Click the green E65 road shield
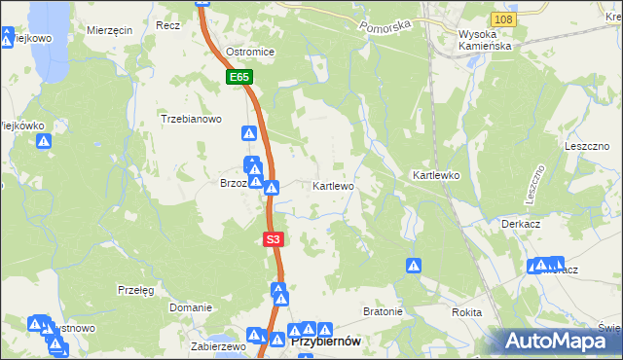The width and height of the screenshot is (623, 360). point(240,76)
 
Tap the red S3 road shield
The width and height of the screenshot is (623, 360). point(274,238)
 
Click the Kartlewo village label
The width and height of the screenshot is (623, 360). point(333,185)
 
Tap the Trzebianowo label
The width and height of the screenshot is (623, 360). point(192,120)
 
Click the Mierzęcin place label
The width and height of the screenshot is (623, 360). point(109,30)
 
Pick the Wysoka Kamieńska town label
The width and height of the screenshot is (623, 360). point(484,40)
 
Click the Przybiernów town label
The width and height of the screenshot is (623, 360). point(326,341)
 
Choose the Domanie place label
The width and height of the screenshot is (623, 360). point(191,307)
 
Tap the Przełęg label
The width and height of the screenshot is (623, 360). point(135,290)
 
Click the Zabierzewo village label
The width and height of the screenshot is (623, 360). point(217,345)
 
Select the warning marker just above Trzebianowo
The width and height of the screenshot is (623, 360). point(249,132)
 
